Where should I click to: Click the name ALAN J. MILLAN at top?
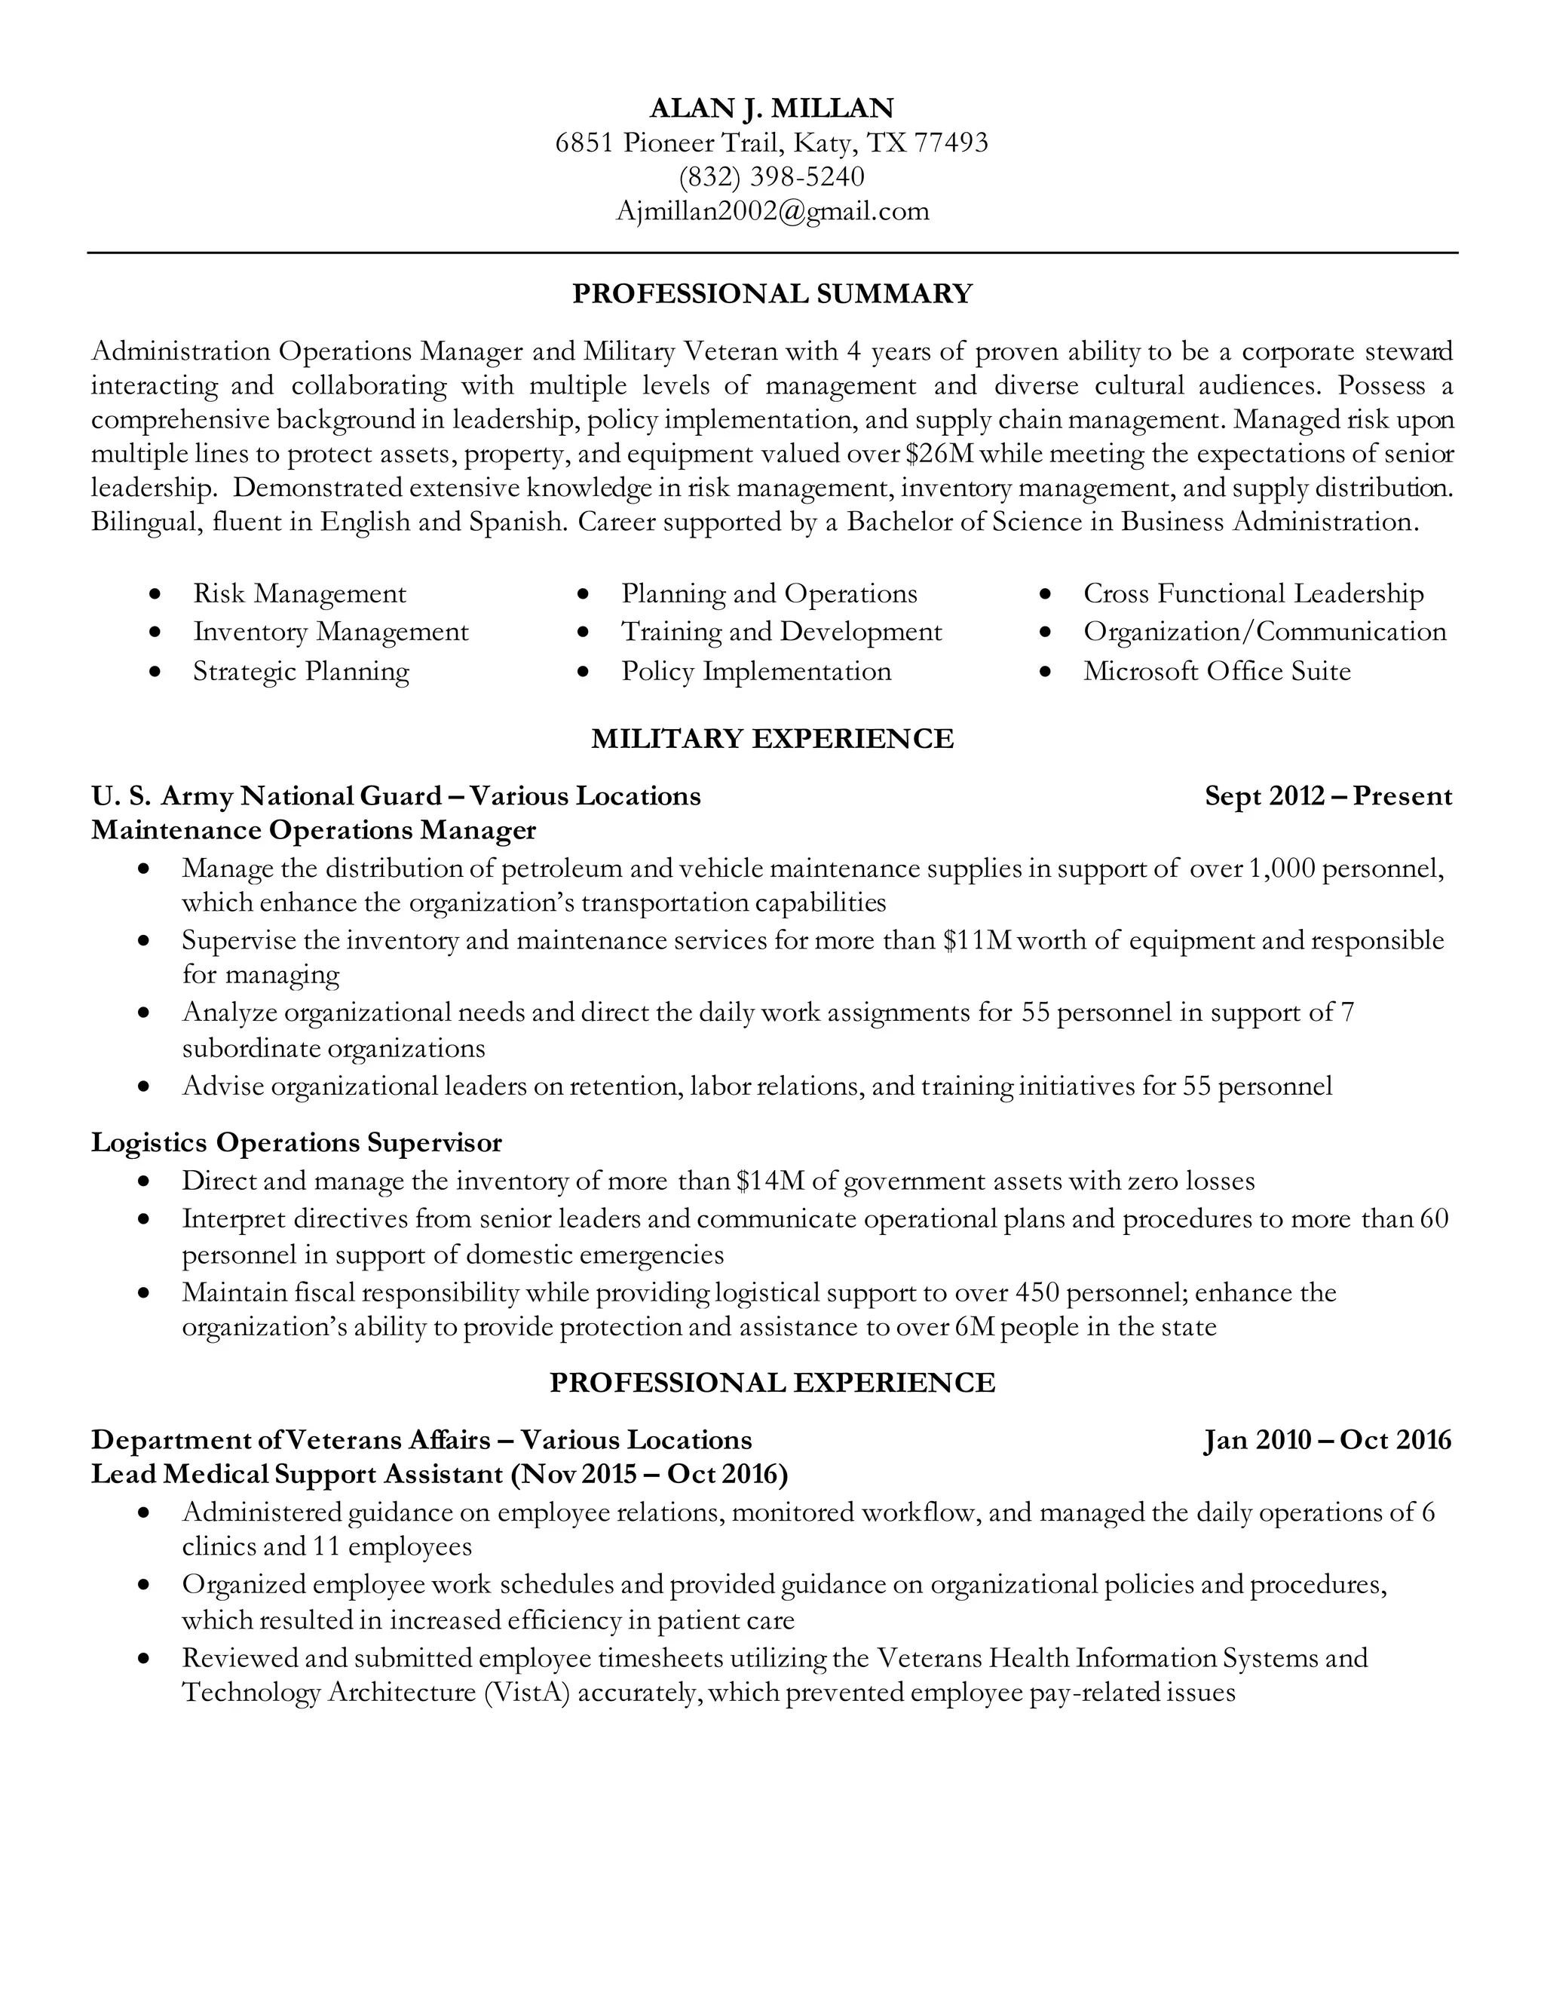[771, 108]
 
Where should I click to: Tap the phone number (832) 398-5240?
[771, 176]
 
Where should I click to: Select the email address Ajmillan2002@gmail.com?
[771, 211]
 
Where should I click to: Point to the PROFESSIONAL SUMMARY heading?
[771, 293]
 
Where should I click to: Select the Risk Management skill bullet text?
[299, 593]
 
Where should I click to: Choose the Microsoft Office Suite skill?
[1217, 672]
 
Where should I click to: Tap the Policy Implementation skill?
[755, 672]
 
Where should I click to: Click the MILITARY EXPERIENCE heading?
[771, 738]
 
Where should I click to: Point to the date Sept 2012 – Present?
[1327, 796]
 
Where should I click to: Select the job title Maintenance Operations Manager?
[313, 830]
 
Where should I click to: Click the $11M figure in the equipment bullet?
[977, 940]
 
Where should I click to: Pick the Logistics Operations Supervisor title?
[296, 1142]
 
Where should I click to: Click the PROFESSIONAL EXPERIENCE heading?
[771, 1382]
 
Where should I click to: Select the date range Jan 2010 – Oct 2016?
[1327, 1440]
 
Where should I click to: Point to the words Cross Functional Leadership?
[1253, 593]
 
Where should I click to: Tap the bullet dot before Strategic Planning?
[155, 672]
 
